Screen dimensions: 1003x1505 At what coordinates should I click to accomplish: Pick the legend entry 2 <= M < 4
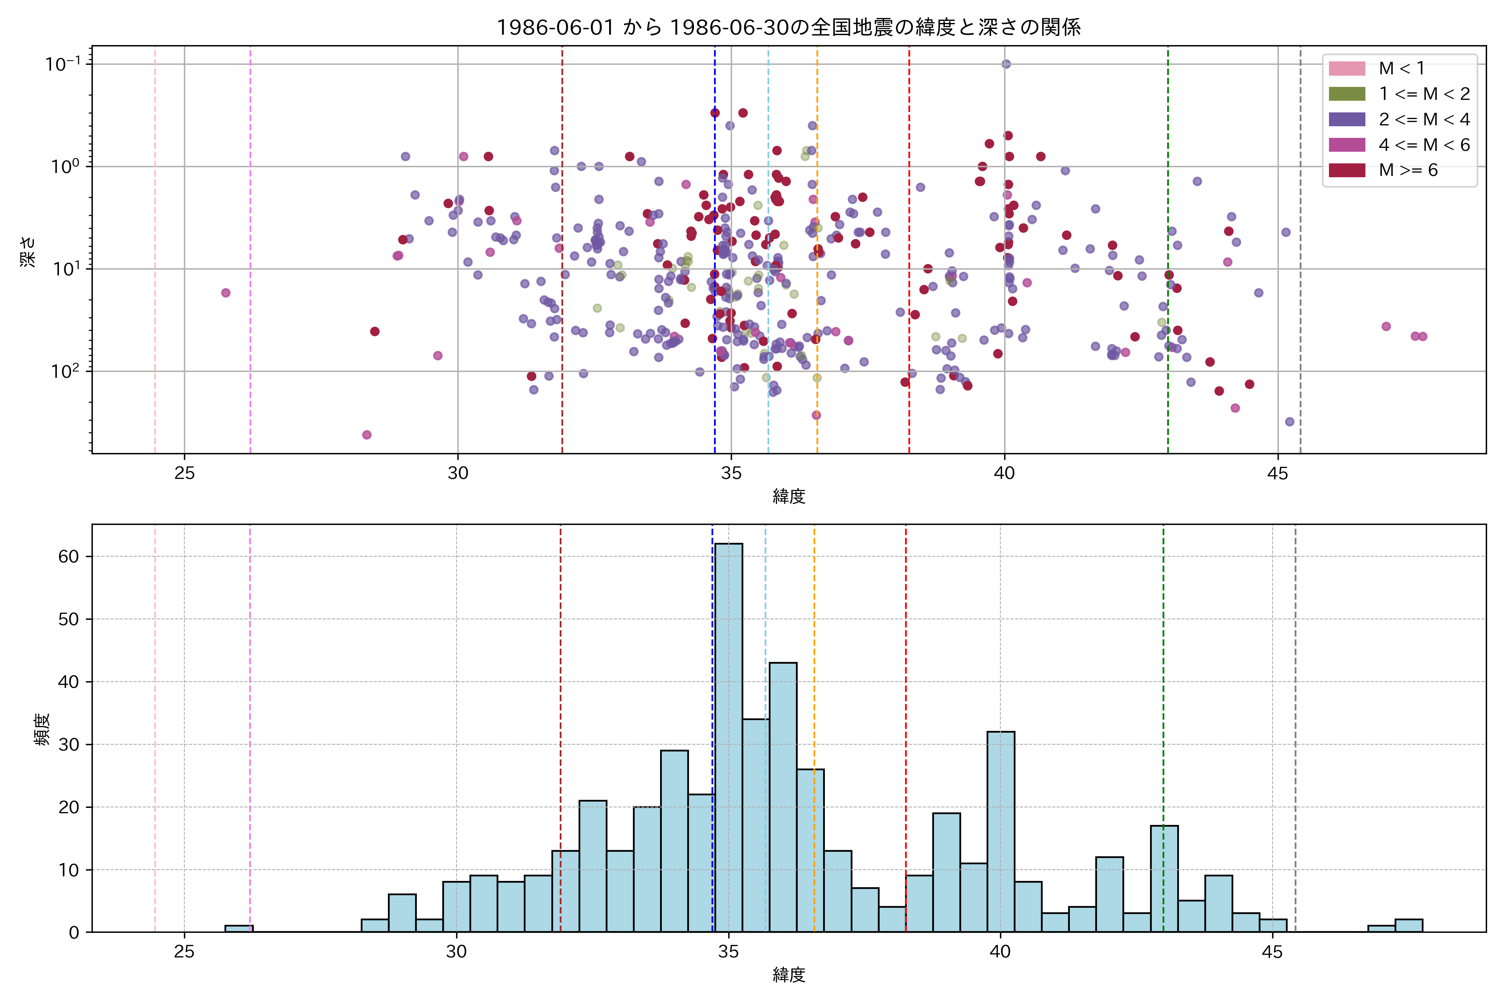(1424, 120)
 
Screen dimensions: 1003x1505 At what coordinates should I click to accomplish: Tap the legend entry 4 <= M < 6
(1424, 145)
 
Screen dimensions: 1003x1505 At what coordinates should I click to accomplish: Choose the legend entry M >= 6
(1408, 170)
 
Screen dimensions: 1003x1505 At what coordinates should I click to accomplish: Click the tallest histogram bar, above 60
(729, 736)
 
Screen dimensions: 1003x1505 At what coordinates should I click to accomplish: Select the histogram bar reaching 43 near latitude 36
(783, 797)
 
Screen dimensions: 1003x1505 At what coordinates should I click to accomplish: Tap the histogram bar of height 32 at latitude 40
(1001, 832)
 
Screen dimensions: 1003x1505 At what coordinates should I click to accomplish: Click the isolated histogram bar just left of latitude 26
(239, 928)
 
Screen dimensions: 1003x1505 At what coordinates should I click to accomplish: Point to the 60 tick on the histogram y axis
(69, 557)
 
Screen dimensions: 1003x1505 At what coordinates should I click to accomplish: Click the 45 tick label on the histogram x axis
(1272, 952)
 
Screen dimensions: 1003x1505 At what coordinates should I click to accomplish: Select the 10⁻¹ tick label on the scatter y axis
(63, 64)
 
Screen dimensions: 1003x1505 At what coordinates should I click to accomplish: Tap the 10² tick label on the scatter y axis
(65, 371)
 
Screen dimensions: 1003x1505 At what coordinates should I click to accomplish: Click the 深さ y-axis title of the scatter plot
(28, 251)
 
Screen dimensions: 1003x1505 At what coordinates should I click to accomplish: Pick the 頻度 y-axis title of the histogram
(41, 729)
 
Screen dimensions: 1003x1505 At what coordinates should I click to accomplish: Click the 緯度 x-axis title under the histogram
(788, 975)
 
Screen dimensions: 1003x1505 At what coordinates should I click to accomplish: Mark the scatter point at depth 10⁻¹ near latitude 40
(1006, 64)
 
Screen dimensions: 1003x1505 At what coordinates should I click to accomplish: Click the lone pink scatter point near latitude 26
(226, 293)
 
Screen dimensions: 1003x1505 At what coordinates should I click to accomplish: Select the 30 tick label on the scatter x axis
(457, 473)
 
